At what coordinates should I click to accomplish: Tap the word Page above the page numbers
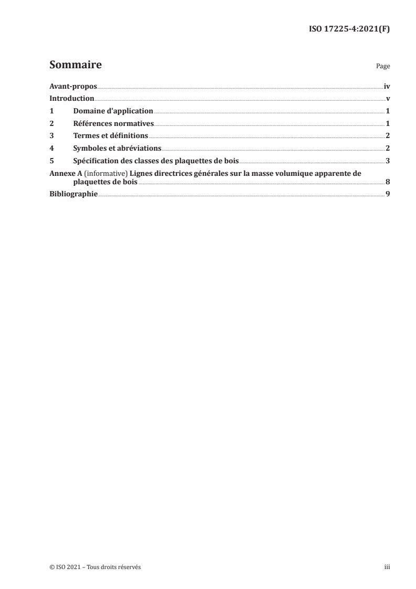[383, 67]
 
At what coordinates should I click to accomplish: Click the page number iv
[387, 87]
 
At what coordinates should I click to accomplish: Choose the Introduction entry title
[72, 99]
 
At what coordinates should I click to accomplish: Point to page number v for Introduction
[388, 99]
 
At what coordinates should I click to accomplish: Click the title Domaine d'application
[113, 111]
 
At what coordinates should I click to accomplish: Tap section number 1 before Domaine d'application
[51, 111]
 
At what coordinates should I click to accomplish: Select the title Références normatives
[113, 123]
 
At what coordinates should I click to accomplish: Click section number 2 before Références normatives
[51, 123]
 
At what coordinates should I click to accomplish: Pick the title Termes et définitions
[111, 135]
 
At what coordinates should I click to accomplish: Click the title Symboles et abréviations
[117, 148]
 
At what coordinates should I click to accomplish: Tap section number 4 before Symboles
[51, 148]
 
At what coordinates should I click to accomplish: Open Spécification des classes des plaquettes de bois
[156, 160]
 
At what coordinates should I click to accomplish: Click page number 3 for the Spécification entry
[388, 160]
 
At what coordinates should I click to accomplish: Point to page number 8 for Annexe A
[388, 182]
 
